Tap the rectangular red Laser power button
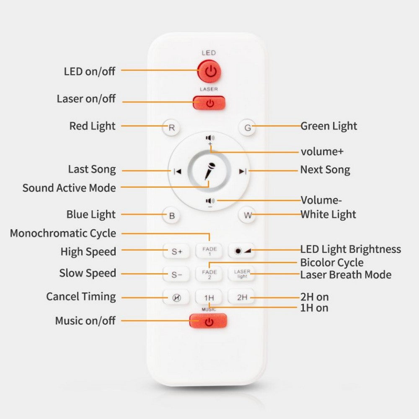pyautogui.click(x=209, y=103)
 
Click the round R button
pyautogui.click(x=171, y=128)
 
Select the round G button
pyautogui.click(x=248, y=128)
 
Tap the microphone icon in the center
pyautogui.click(x=209, y=170)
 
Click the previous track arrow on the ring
pyautogui.click(x=178, y=171)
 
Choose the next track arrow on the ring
pyautogui.click(x=242, y=171)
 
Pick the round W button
pyautogui.click(x=248, y=216)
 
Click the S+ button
pyautogui.click(x=177, y=251)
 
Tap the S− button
pyautogui.click(x=177, y=275)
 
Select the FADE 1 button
pyautogui.click(x=209, y=251)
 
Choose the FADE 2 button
pyautogui.click(x=209, y=274)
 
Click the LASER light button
pyautogui.click(x=242, y=274)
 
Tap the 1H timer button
pyautogui.click(x=209, y=297)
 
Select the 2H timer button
pyautogui.click(x=242, y=297)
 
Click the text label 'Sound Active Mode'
pyautogui.click(x=69, y=188)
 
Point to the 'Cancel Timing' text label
pyautogui.click(x=81, y=297)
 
